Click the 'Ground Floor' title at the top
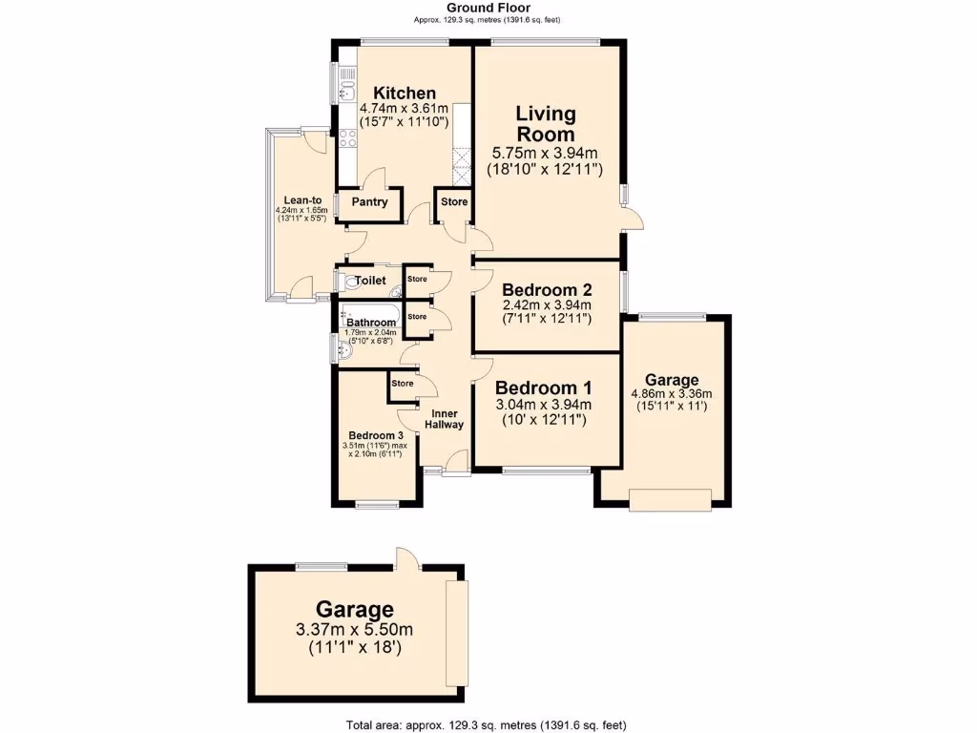click(488, 8)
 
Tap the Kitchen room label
click(404, 93)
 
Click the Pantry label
click(369, 202)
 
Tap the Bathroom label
click(370, 324)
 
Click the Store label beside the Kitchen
click(454, 202)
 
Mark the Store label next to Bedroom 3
click(403, 384)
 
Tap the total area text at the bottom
click(488, 724)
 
